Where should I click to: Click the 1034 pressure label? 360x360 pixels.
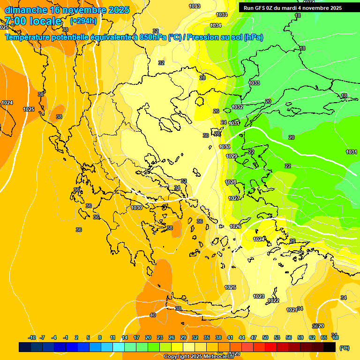[x=216, y=25]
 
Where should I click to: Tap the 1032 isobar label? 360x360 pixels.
[x=238, y=107]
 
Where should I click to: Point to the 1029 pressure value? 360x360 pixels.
[x=232, y=156]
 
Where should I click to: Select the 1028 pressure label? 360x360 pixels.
[x=231, y=182]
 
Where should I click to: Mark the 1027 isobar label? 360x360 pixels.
[x=234, y=198]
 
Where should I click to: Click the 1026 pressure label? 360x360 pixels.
[x=235, y=226]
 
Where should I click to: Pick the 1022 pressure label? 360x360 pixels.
[x=274, y=300]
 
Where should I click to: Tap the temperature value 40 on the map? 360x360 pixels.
[x=153, y=315]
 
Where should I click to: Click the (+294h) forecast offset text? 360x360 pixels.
[x=83, y=21]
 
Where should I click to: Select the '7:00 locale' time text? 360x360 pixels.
[x=33, y=21]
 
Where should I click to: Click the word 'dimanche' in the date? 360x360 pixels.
[x=25, y=10]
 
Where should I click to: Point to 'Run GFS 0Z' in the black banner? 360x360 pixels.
[x=260, y=8]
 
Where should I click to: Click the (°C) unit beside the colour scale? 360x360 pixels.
[x=344, y=348]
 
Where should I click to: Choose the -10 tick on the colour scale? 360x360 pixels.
[x=32, y=337]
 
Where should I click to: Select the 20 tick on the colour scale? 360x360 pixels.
[x=148, y=337]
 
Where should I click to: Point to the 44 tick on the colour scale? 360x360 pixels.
[x=242, y=337]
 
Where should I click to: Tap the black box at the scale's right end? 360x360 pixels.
[x=330, y=347]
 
